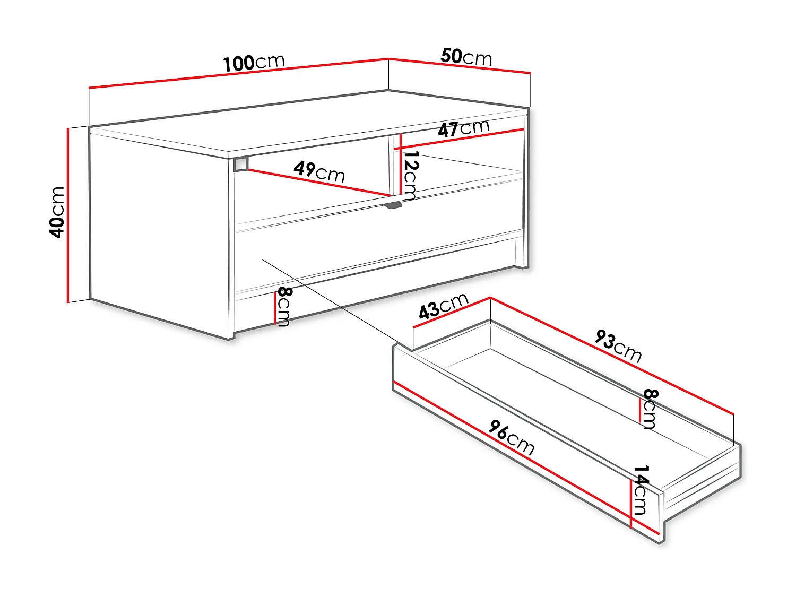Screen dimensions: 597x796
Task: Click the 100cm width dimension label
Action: pyautogui.click(x=254, y=63)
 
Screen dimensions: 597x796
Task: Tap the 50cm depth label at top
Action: pyautogui.click(x=466, y=56)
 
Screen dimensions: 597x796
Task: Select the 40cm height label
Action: pyautogui.click(x=57, y=212)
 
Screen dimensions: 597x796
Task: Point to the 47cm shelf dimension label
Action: pyautogui.click(x=463, y=128)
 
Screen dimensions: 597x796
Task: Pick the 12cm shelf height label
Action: pyautogui.click(x=410, y=175)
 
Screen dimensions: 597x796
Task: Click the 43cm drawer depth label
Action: pyautogui.click(x=444, y=306)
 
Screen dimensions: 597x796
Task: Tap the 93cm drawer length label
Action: pyautogui.click(x=618, y=346)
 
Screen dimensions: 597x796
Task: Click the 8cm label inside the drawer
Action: pyautogui.click(x=650, y=408)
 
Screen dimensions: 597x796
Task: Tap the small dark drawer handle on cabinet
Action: pyautogui.click(x=393, y=205)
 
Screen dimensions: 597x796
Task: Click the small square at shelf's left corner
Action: pyautogui.click(x=241, y=164)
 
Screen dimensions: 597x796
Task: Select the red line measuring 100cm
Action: pyautogui.click(x=239, y=73)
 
